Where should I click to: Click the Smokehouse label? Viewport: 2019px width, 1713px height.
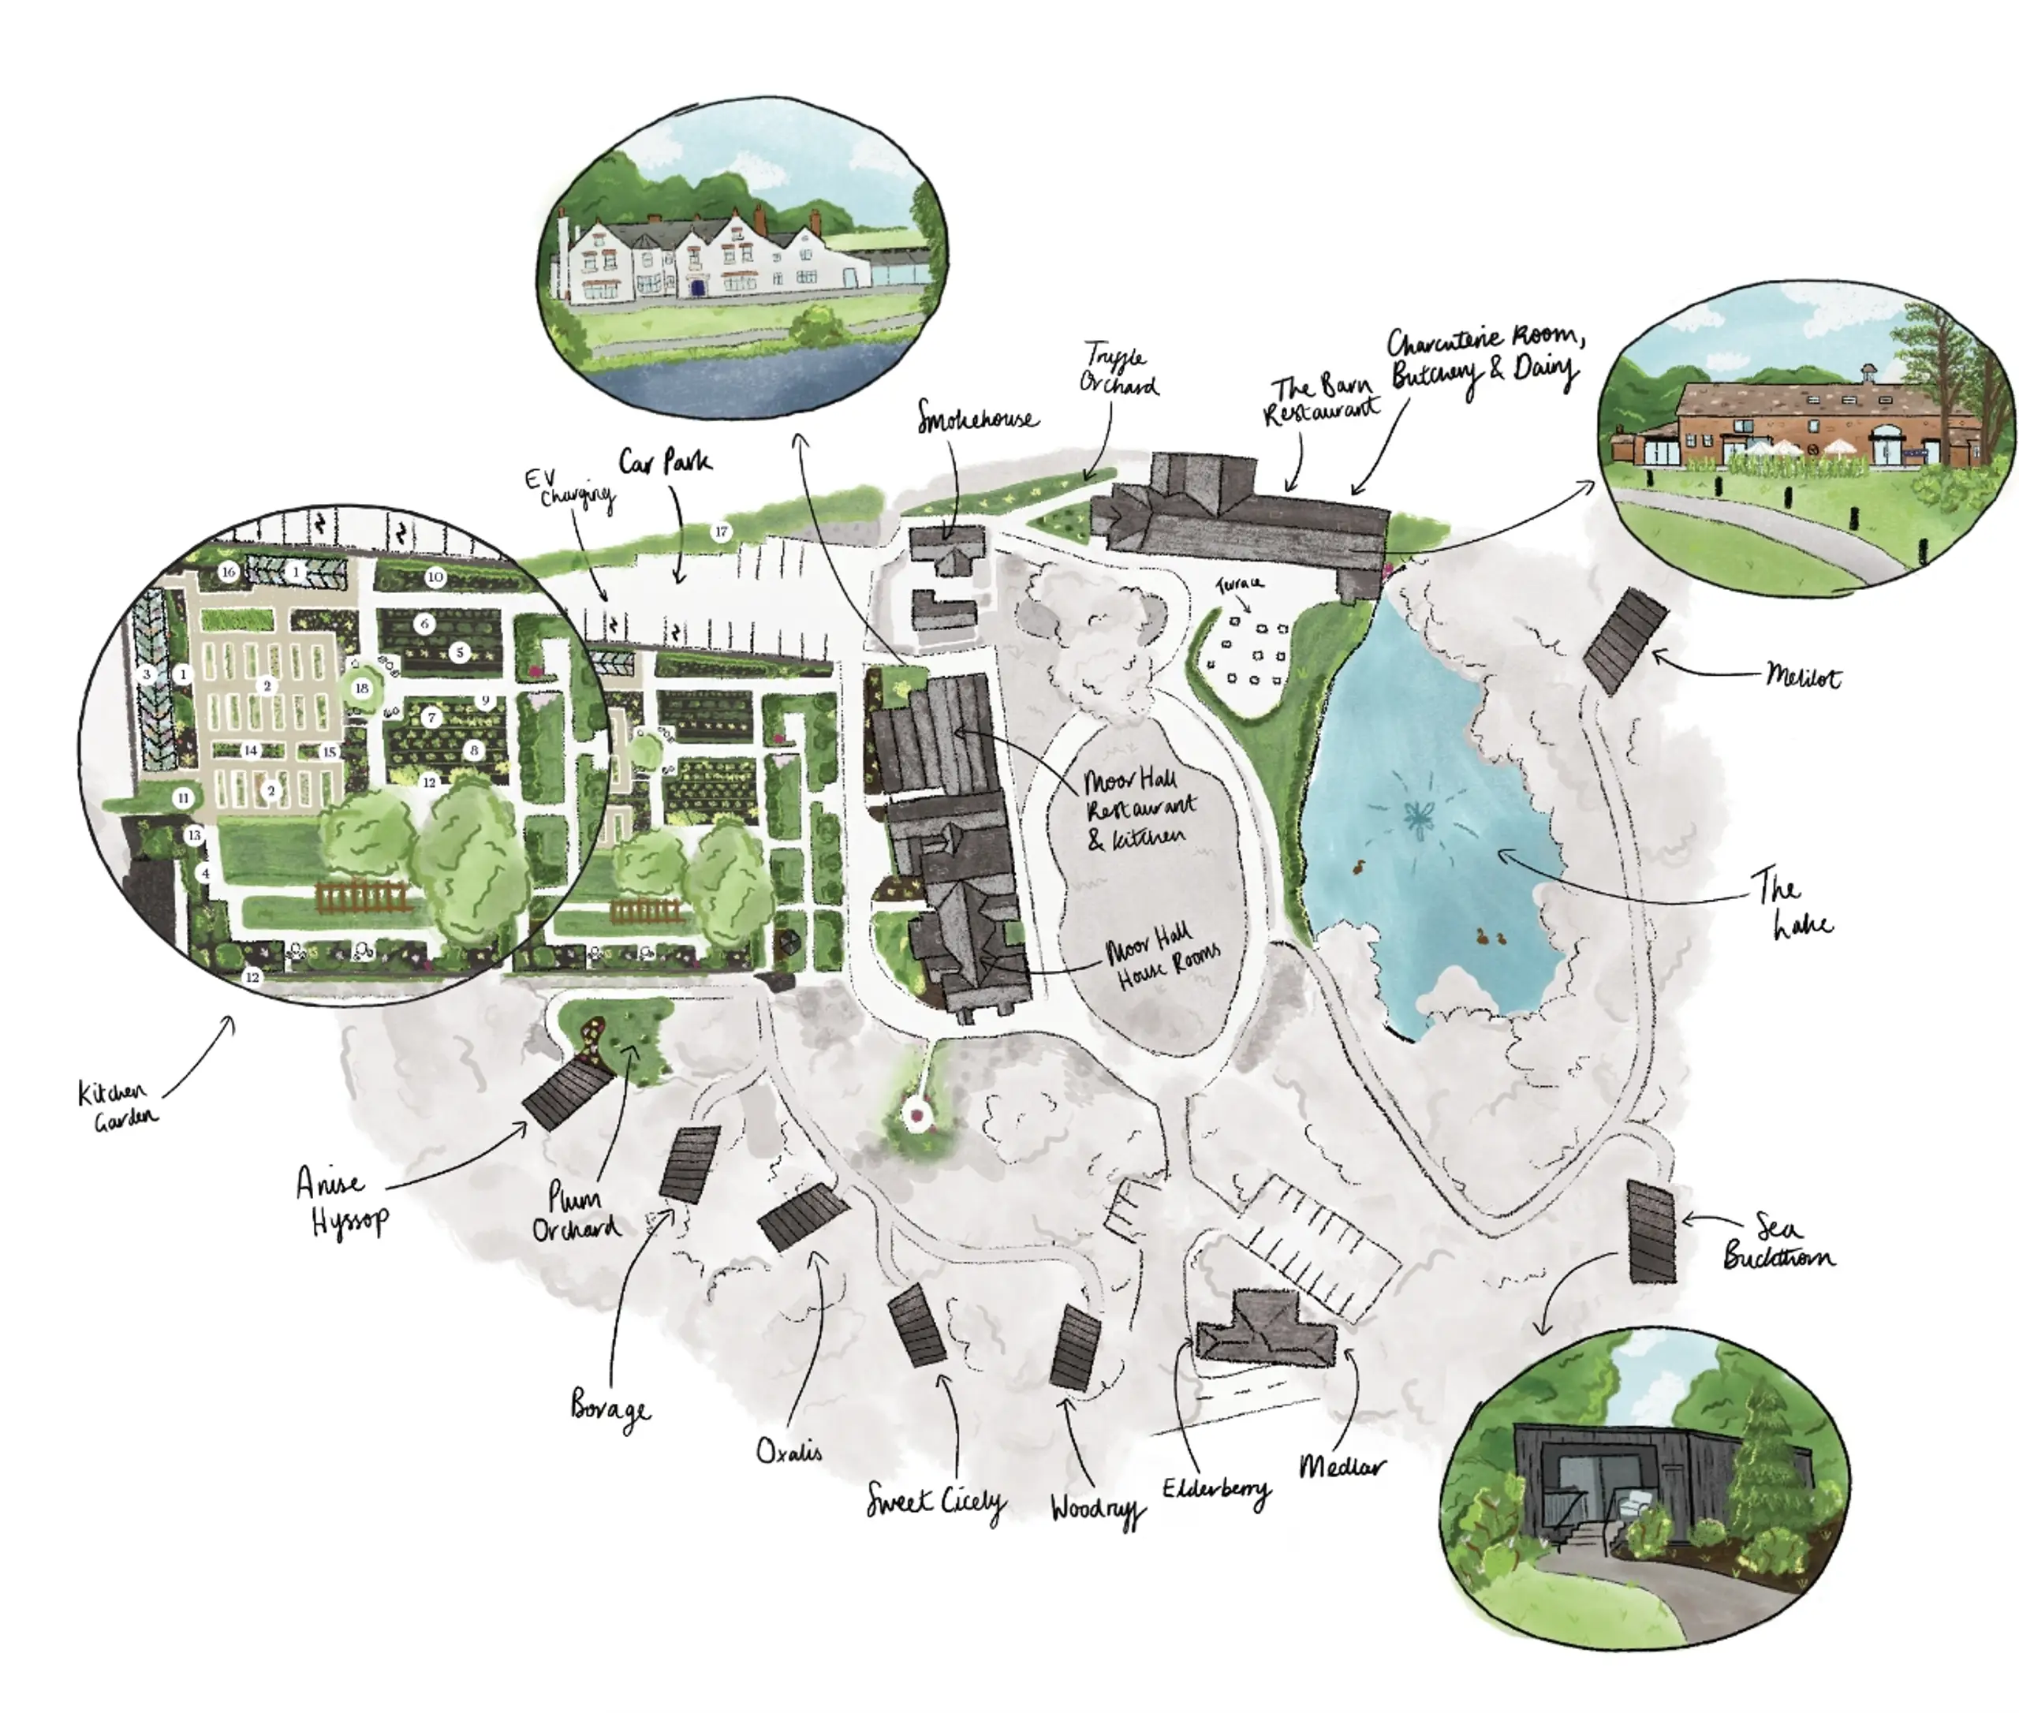coord(977,420)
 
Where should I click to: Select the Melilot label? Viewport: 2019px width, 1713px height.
coord(1802,677)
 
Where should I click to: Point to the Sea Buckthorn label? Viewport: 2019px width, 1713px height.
coord(1778,1242)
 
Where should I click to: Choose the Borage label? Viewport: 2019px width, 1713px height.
coord(610,1410)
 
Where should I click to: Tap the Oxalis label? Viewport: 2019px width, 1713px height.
coord(789,1451)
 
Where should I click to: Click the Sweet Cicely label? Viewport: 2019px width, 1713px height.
coord(935,1502)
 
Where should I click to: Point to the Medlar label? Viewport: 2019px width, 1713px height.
coord(1342,1465)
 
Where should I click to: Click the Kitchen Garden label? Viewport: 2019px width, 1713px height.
coord(117,1106)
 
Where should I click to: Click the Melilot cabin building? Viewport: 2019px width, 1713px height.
coord(1625,641)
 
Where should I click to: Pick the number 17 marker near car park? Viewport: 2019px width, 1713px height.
coord(721,532)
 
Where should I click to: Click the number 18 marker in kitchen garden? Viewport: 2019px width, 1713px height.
coord(362,689)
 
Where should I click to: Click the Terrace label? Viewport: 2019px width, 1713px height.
coord(1239,584)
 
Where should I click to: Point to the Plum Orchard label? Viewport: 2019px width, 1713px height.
coord(575,1213)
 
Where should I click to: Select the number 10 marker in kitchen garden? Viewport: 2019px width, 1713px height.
coord(435,577)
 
